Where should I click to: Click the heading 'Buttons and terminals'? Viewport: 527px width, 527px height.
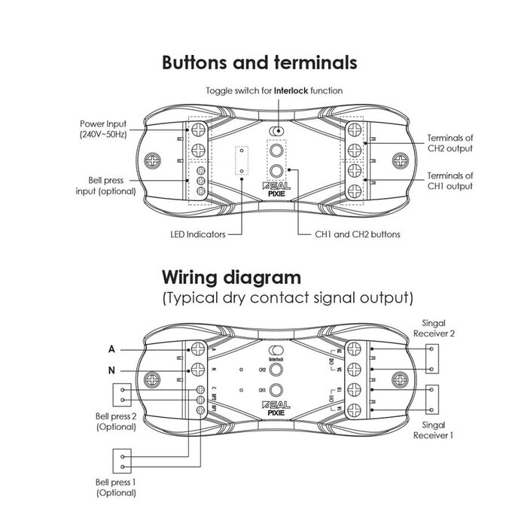click(x=260, y=62)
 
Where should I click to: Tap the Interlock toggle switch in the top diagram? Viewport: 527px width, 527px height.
click(x=278, y=131)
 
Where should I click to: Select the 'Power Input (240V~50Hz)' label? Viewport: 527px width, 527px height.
click(x=105, y=129)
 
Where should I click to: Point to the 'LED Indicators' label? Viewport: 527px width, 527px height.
click(x=198, y=234)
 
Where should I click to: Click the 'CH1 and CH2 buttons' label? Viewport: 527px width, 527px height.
click(x=356, y=234)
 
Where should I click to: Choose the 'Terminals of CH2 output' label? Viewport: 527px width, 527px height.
click(x=450, y=143)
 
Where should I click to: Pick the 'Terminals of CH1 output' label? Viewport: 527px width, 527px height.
click(x=450, y=181)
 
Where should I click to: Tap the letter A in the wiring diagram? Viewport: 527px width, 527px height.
click(x=112, y=349)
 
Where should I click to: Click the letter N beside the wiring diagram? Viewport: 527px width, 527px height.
click(x=112, y=370)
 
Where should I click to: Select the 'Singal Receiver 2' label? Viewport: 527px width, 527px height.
click(x=439, y=327)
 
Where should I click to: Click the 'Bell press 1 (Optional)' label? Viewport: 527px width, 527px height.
click(x=116, y=486)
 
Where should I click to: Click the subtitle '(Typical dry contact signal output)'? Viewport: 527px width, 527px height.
click(x=288, y=298)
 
